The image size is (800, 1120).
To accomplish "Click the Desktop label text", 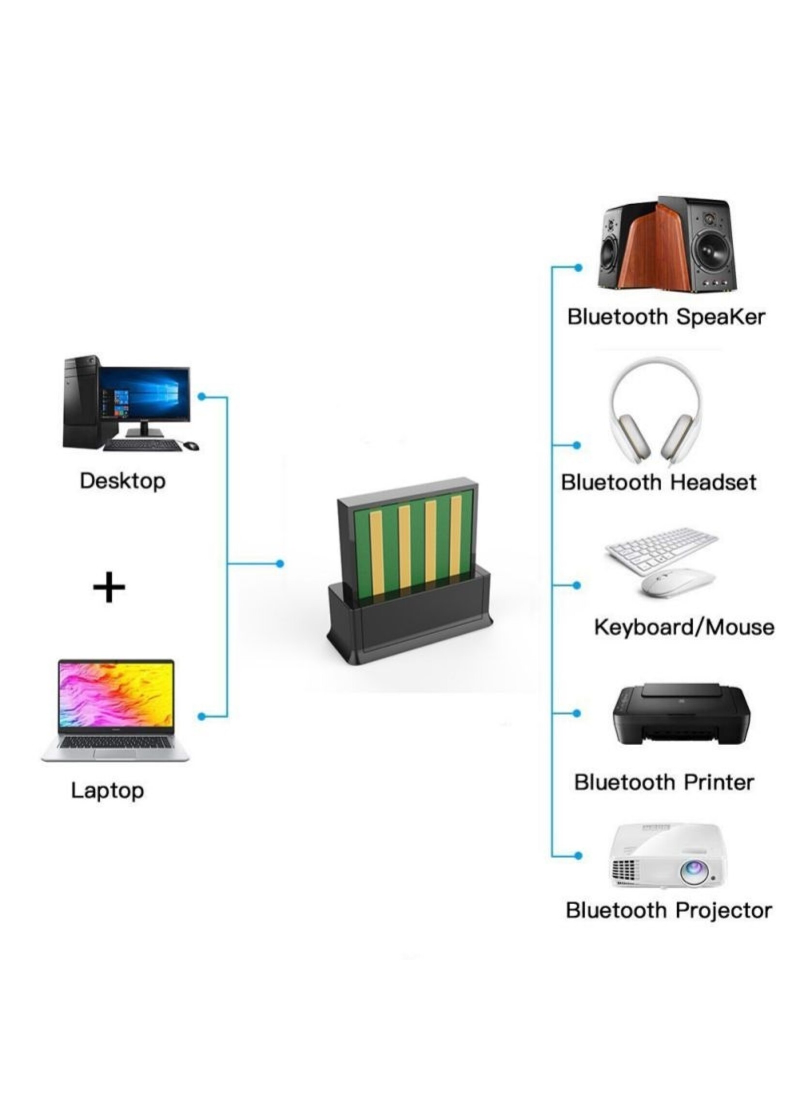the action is coord(123,481).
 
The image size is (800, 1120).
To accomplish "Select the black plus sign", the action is coord(109,587).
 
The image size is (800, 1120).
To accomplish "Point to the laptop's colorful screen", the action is coord(116,695).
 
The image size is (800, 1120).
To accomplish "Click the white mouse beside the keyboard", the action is coord(677,583).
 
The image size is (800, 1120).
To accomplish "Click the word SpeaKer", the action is coord(720,317).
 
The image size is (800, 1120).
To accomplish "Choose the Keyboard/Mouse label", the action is coord(684,627).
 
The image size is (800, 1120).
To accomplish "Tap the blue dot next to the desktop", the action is coord(201,397).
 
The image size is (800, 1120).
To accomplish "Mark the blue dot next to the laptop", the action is coord(201,716).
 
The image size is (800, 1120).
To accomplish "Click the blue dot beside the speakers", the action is coord(578,267).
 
